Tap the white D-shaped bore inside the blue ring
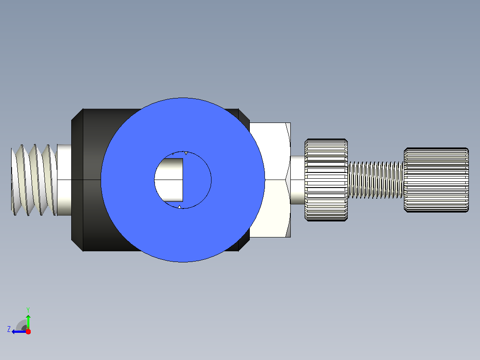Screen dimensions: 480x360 169,180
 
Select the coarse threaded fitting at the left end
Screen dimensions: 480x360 34,180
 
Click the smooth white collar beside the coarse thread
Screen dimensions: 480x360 64,180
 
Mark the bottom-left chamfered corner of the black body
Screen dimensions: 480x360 77,245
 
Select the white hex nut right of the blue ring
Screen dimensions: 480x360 273,180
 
